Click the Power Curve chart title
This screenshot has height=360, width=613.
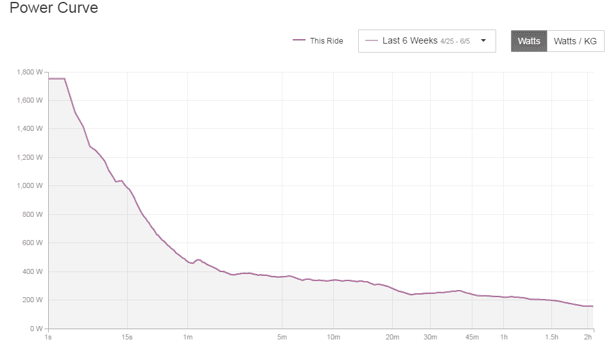pyautogui.click(x=54, y=9)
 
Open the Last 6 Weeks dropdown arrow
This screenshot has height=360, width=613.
pyautogui.click(x=483, y=40)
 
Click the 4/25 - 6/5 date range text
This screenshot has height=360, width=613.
pyautogui.click(x=455, y=41)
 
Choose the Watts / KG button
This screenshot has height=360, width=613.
pyautogui.click(x=575, y=40)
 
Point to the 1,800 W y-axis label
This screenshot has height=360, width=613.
pyautogui.click(x=30, y=72)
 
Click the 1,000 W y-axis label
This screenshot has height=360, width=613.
pyautogui.click(x=30, y=186)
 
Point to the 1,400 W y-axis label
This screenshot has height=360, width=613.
pyautogui.click(x=30, y=129)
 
